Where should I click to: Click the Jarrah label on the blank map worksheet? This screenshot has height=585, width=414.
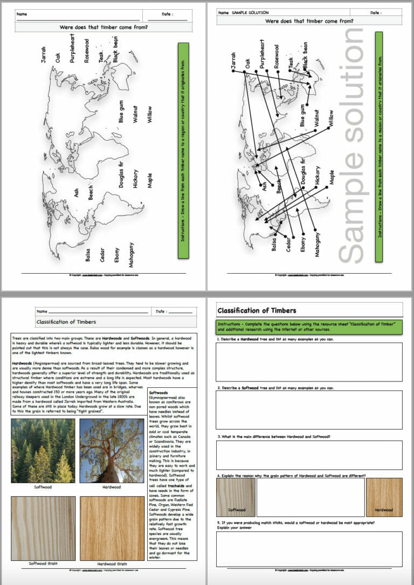[44, 54]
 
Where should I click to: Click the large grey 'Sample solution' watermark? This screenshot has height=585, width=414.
[353, 145]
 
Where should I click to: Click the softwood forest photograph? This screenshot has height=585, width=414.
[43, 450]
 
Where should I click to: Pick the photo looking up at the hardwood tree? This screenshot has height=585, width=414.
[112, 450]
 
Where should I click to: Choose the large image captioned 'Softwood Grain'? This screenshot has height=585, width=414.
[43, 528]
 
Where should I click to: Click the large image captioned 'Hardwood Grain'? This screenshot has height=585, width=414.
[112, 528]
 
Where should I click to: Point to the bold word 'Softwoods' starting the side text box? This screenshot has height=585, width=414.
[159, 393]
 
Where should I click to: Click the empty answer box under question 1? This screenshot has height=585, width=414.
[309, 361]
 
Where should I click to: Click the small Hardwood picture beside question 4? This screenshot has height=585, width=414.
[384, 497]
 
